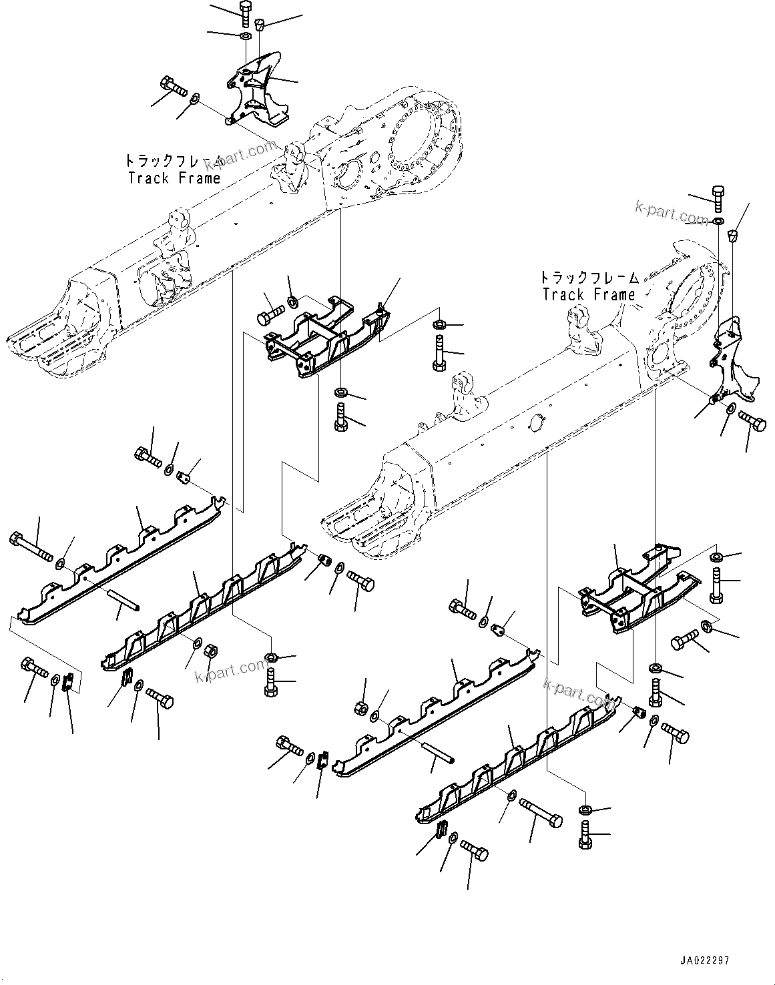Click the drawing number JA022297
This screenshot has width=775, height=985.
coord(704,960)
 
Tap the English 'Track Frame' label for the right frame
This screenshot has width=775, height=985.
coord(588,294)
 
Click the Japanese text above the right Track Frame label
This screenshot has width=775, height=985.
coord(588,277)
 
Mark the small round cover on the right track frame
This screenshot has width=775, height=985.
coord(537,421)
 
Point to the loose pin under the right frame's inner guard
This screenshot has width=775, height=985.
coord(437,751)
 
